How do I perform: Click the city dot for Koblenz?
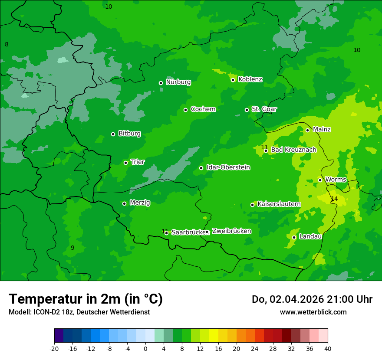click(x=233, y=80)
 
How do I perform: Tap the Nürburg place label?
click(x=178, y=82)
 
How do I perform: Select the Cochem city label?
click(x=203, y=109)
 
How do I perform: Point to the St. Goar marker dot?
click(x=247, y=110)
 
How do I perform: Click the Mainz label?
click(x=322, y=130)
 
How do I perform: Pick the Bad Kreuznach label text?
click(x=293, y=150)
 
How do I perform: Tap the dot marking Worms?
click(x=320, y=180)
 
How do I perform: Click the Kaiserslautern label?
click(x=279, y=204)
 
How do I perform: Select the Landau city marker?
click(x=294, y=237)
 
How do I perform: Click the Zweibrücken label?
click(x=231, y=231)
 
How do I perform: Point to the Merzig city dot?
click(x=124, y=203)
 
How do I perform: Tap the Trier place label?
click(x=138, y=162)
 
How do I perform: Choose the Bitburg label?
click(x=129, y=134)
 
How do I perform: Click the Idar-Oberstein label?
click(x=228, y=167)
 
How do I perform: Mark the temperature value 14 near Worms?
click(x=334, y=199)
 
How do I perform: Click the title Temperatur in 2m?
click(x=86, y=299)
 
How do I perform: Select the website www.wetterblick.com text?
click(x=313, y=312)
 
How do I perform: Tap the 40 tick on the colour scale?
click(x=327, y=348)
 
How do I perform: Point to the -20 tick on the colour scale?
click(x=54, y=348)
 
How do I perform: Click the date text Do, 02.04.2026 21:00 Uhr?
click(x=312, y=299)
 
